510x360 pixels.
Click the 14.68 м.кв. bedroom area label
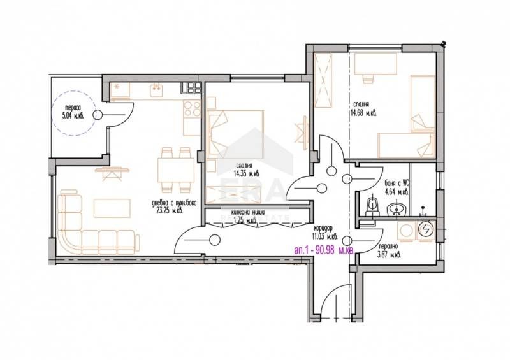365,113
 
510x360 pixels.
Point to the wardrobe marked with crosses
325,81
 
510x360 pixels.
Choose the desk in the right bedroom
376,66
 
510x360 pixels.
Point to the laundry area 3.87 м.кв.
388,256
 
